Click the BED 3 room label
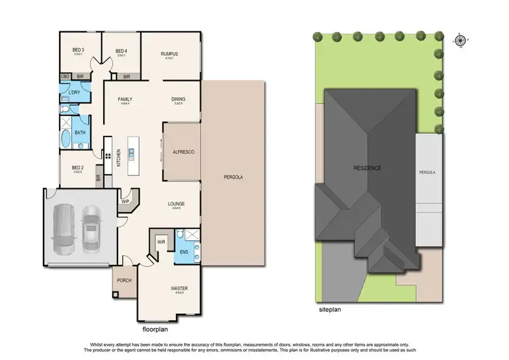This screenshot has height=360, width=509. [x=78, y=50]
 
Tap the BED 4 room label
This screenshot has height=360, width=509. [x=121, y=50]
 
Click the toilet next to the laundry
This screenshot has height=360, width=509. [x=63, y=108]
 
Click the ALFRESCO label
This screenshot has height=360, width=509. [x=183, y=152]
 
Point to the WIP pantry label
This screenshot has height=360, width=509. [x=126, y=201]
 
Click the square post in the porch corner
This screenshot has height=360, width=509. [x=115, y=294]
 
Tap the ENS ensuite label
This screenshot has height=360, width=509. [x=183, y=252]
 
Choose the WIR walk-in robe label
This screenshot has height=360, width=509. [x=162, y=241]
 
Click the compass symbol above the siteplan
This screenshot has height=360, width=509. [x=461, y=39]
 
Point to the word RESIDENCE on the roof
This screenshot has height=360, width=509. [x=367, y=168]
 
